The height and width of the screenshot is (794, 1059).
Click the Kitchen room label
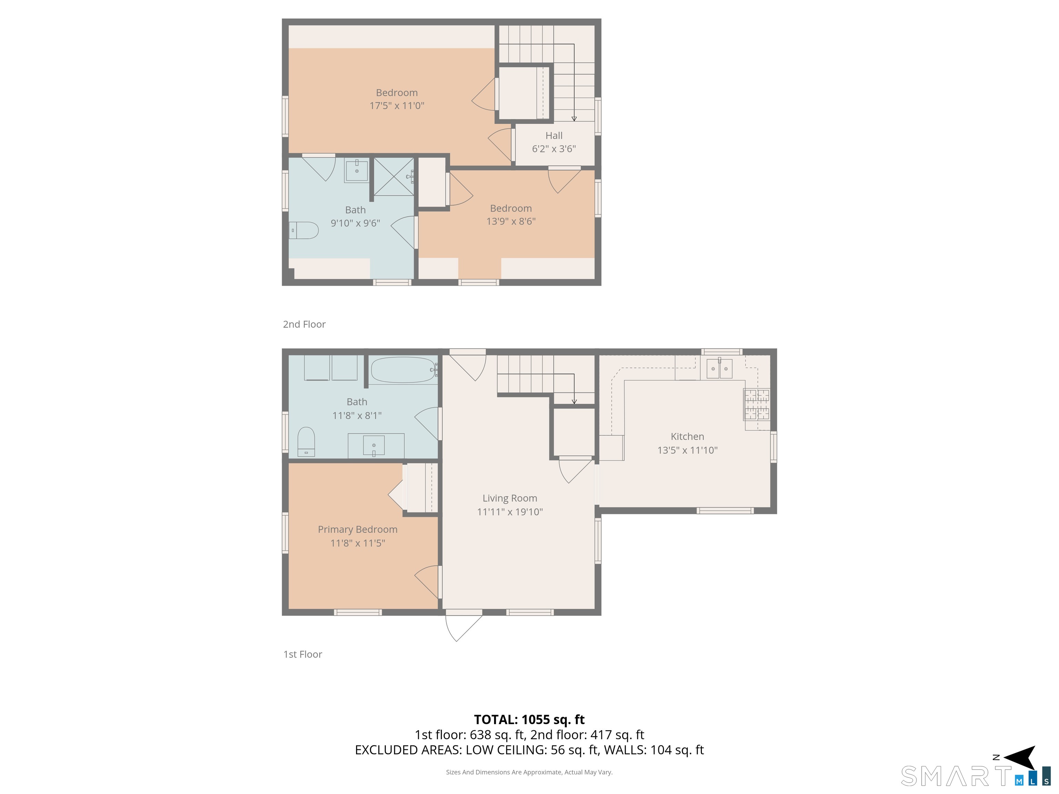tap(687, 437)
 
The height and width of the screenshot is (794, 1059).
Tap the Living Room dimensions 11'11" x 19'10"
tap(510, 512)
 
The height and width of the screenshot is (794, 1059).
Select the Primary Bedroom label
tap(357, 529)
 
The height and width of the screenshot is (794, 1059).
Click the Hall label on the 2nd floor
tap(554, 135)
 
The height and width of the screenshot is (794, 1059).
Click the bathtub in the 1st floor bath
tap(403, 370)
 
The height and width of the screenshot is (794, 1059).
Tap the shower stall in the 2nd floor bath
tap(394, 176)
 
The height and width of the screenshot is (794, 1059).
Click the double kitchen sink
tap(719, 368)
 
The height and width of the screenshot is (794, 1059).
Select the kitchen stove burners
tap(756, 405)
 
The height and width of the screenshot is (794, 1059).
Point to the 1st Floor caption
tap(303, 654)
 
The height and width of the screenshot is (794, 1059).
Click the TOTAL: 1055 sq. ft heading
tap(529, 719)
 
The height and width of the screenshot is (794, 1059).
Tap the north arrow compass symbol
tap(1021, 757)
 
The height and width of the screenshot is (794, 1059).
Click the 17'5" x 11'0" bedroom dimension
tap(397, 106)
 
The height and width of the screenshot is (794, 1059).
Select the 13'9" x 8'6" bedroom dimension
tap(511, 221)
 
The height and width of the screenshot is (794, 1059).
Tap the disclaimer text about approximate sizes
tap(529, 772)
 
